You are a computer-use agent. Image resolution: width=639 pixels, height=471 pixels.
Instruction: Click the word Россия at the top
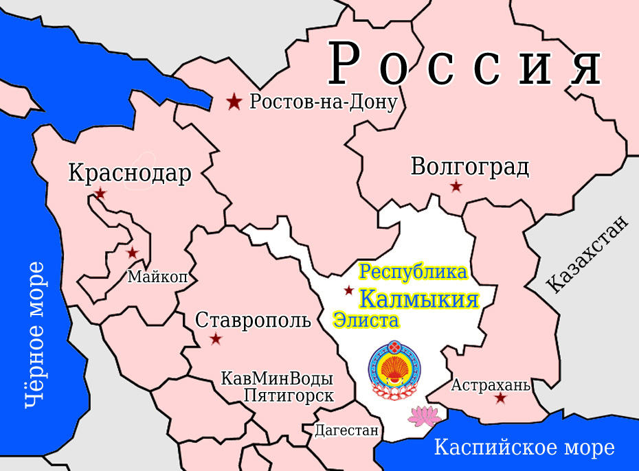(x=465, y=64)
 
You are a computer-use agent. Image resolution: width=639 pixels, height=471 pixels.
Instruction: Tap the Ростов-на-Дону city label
(x=324, y=103)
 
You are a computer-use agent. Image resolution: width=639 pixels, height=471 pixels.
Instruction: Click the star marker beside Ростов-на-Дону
(x=234, y=102)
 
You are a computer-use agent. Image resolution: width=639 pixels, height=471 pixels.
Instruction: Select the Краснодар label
(x=130, y=173)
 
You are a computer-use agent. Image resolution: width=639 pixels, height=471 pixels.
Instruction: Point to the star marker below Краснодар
(x=101, y=194)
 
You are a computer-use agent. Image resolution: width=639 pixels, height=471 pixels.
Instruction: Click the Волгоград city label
(x=470, y=167)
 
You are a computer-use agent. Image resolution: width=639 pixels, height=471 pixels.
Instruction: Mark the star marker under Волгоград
(x=455, y=187)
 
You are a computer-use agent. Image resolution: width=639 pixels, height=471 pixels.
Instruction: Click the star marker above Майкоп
(x=132, y=253)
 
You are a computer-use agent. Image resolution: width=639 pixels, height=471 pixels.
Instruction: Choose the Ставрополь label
(x=253, y=320)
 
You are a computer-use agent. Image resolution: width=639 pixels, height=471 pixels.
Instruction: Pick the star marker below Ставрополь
(x=216, y=338)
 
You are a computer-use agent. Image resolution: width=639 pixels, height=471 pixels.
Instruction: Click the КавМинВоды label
(x=277, y=379)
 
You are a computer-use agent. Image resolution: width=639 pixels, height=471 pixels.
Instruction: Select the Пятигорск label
(x=289, y=396)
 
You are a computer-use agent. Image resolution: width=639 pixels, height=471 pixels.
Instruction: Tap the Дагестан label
(x=347, y=431)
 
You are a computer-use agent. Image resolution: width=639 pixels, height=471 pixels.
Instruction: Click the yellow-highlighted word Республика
(x=414, y=272)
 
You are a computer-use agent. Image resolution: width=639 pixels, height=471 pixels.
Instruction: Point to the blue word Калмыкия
(x=419, y=300)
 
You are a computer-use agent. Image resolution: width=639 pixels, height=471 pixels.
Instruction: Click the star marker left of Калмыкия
(x=349, y=290)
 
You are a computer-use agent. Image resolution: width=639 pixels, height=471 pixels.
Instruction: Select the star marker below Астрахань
(x=500, y=398)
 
